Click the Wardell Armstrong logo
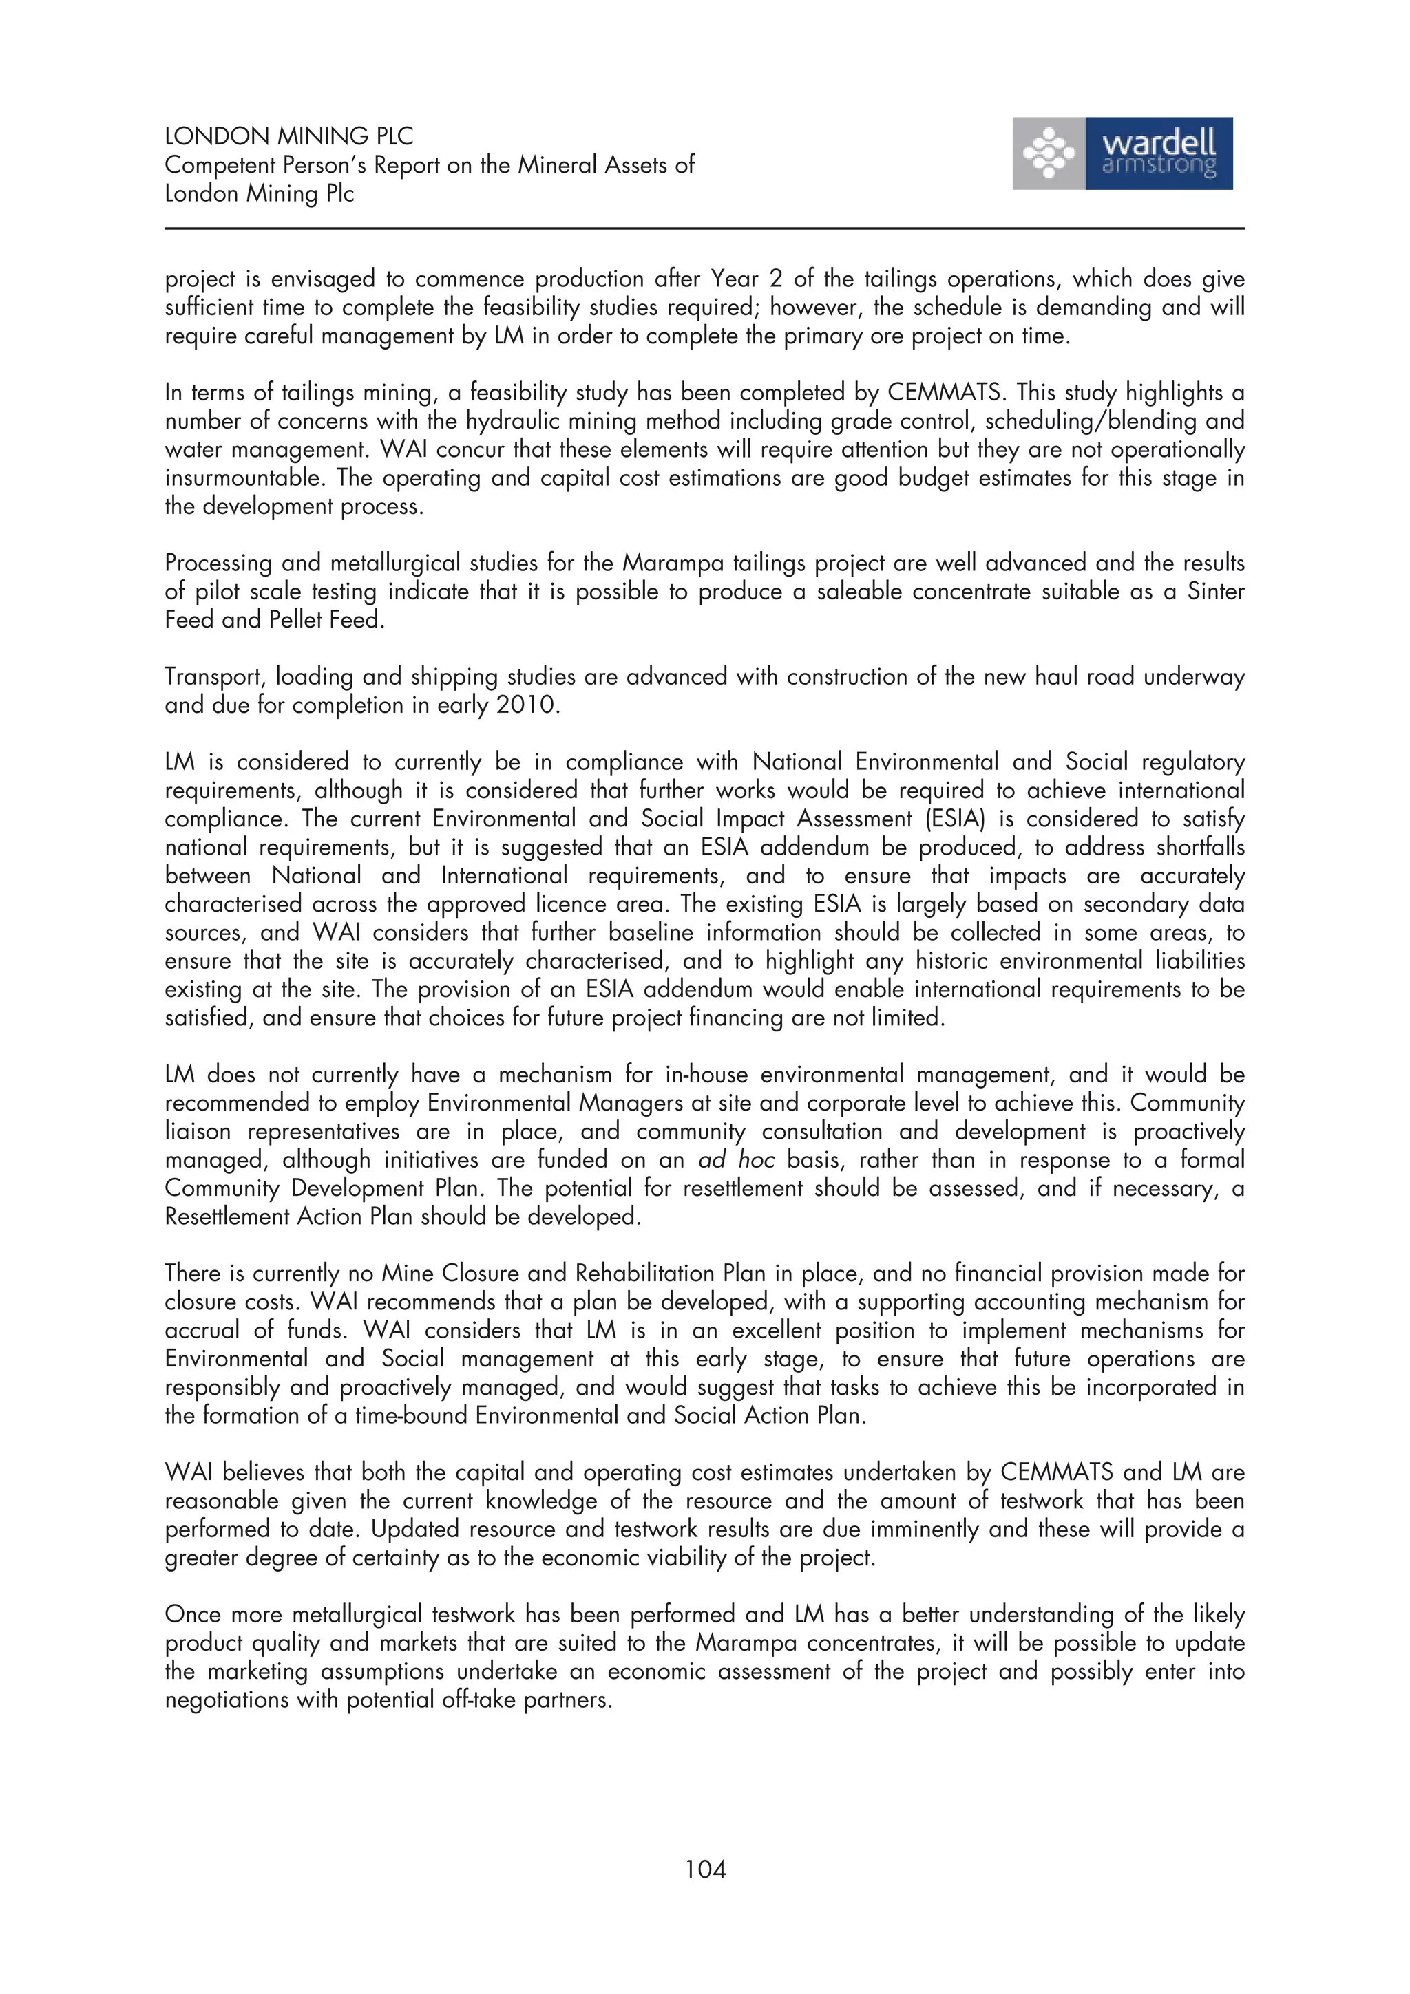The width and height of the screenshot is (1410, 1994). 1122,153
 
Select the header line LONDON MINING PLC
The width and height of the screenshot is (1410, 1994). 288,136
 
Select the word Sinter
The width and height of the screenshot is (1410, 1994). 1215,592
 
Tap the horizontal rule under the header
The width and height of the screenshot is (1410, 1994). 704,228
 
